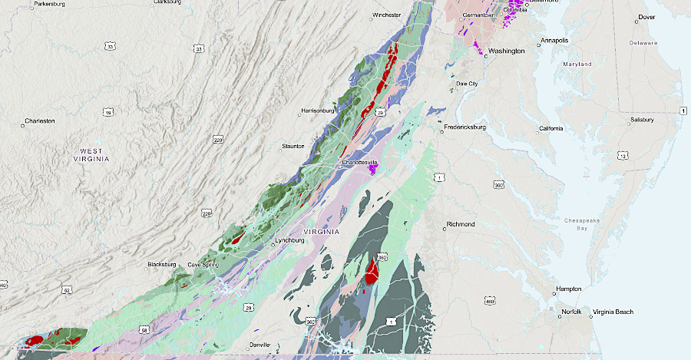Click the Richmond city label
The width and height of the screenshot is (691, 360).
click(461, 225)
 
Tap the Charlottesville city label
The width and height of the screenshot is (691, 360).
click(360, 163)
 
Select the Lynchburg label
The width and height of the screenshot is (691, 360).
click(290, 240)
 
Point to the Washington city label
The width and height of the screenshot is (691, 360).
click(507, 51)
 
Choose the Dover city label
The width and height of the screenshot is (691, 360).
click(646, 17)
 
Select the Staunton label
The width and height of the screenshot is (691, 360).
click(293, 146)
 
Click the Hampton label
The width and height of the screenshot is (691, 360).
click(569, 289)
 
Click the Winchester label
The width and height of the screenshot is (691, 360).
click(387, 15)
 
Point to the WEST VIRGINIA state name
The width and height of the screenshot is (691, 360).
click(95, 154)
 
